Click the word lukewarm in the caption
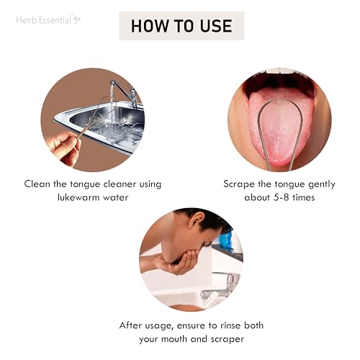click(x=78, y=197)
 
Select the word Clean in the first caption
click(x=37, y=184)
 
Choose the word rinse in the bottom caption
click(x=230, y=325)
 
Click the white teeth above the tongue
click(x=279, y=71)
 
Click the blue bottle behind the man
click(x=226, y=241)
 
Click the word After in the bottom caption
click(x=130, y=325)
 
